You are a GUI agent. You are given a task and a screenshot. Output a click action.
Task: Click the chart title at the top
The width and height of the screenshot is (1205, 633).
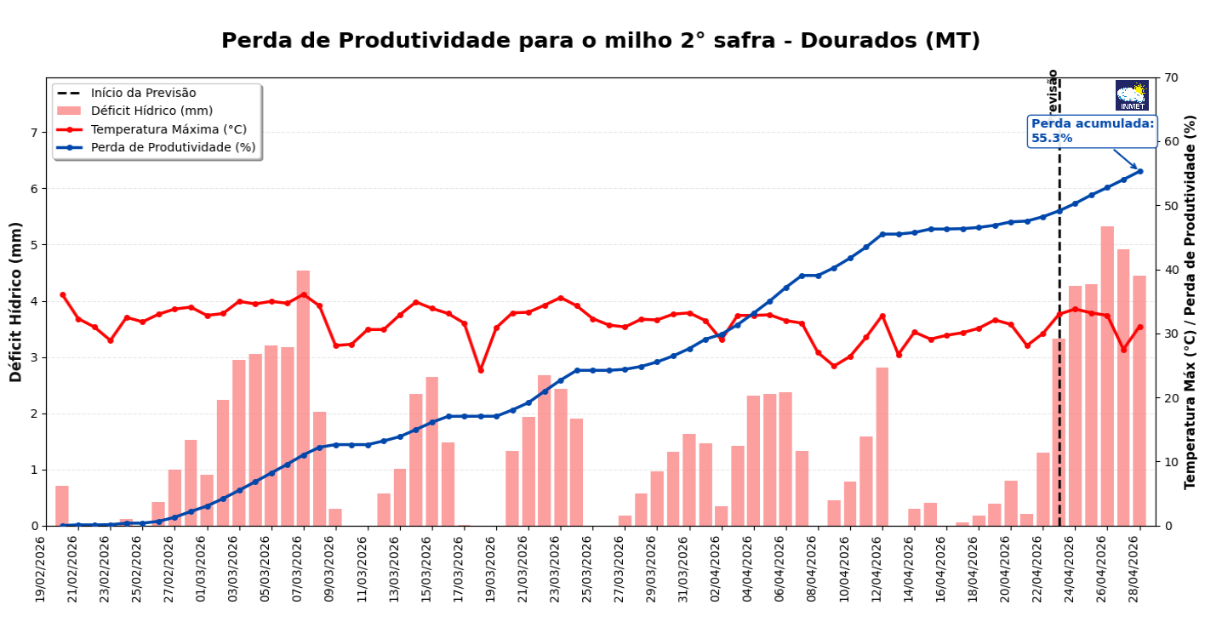(601, 41)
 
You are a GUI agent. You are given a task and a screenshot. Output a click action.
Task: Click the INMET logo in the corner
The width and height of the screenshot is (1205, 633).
(1132, 95)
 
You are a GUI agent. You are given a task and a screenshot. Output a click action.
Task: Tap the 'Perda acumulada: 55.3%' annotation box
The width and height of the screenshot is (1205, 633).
(1092, 131)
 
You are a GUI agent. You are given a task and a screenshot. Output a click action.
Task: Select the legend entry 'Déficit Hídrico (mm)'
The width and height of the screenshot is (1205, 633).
(151, 111)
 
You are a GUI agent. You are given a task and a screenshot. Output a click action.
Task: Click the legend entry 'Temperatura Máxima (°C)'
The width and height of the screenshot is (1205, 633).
(168, 129)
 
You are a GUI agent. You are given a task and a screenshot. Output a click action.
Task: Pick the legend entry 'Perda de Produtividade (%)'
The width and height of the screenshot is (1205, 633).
(173, 147)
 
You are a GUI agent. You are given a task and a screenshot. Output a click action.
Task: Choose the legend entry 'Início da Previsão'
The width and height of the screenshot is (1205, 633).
(143, 93)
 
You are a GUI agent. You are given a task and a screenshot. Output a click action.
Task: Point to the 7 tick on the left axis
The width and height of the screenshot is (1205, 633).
(35, 133)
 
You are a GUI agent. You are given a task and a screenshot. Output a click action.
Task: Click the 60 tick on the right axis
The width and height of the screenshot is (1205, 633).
(1171, 142)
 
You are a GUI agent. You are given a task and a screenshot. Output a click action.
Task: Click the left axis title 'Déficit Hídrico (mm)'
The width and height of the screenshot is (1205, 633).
(16, 301)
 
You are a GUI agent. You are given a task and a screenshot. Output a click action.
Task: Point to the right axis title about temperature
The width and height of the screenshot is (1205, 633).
(1191, 301)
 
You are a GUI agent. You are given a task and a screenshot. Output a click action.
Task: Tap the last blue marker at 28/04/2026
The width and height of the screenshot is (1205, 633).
(1140, 171)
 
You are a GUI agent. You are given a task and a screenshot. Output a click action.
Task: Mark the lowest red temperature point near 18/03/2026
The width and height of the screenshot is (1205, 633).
(480, 370)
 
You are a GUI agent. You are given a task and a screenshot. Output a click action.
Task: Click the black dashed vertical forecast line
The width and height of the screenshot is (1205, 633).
(1059, 340)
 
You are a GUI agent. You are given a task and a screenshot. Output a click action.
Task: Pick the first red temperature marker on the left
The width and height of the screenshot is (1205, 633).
(62, 294)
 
